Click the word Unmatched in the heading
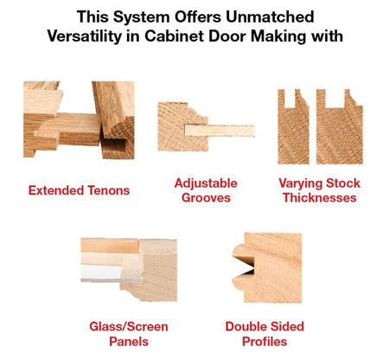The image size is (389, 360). point(271,16)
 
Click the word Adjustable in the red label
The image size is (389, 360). point(206,183)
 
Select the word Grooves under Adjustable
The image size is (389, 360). point(206,198)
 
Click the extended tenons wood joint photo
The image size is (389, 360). point(78,121)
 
